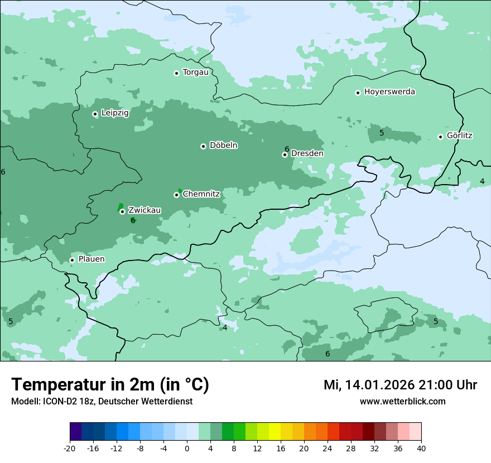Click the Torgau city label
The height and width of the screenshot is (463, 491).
click(195, 72)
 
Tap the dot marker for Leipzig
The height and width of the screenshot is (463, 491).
click(95, 114)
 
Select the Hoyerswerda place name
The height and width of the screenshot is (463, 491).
click(389, 91)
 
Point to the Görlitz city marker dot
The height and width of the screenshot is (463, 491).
click(440, 137)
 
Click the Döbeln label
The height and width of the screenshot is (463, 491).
click(223, 145)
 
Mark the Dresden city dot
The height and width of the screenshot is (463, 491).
click(285, 155)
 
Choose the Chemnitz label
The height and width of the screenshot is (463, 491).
click(201, 194)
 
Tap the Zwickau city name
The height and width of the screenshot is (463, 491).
click(145, 210)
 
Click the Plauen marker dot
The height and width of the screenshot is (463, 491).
click(72, 260)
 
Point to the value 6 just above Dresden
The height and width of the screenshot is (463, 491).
click(287, 149)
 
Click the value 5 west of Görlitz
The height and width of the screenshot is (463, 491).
click(382, 133)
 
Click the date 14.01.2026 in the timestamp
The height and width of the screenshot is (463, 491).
click(378, 385)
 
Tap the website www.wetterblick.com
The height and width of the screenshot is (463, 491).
click(402, 401)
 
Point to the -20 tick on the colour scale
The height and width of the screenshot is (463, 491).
click(70, 448)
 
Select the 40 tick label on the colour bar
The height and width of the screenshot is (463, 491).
click(421, 448)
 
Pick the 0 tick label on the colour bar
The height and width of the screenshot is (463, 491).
click(187, 448)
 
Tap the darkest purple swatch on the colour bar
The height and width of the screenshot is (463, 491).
click(76, 432)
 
